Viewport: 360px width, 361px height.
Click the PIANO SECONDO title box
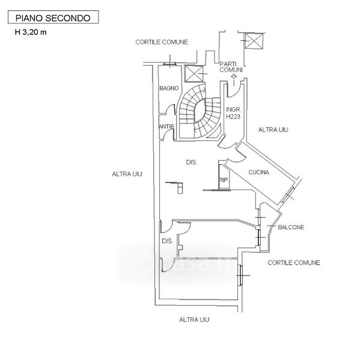53,17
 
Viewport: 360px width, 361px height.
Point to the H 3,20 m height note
31,32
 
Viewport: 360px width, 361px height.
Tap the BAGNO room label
169,88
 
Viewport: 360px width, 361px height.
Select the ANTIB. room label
167,126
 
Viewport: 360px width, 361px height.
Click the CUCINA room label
259,172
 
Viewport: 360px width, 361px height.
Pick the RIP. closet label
224,180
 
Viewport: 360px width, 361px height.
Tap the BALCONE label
291,227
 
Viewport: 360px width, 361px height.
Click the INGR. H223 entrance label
233,113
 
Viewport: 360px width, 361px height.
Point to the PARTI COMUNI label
231,67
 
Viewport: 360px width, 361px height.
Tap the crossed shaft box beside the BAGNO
194,74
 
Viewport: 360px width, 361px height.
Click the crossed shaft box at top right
254,41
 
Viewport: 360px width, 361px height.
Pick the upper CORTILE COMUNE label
162,42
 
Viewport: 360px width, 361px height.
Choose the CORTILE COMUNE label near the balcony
294,263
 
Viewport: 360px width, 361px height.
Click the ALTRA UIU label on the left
127,174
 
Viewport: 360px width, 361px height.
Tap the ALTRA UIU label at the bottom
194,319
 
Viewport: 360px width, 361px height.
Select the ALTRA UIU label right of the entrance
273,130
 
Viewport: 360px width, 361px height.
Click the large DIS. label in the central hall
192,162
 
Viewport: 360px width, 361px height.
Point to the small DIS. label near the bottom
168,241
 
